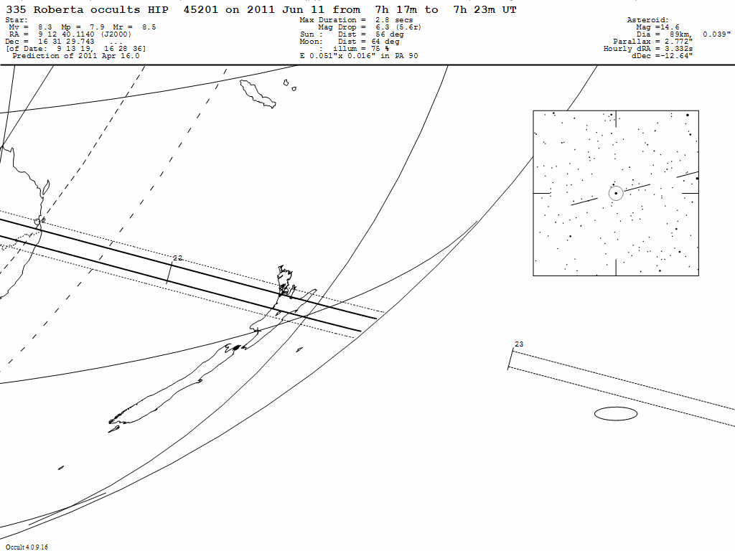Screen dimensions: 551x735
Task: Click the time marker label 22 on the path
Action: (178, 258)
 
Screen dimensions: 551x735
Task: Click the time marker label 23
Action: (519, 344)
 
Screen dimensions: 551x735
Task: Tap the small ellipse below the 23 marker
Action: (616, 413)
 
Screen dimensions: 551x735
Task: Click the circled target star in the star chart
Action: (616, 193)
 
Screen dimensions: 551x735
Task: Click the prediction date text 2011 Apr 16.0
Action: (102, 56)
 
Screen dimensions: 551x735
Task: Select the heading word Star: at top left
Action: (17, 20)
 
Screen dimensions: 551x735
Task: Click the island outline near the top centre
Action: (258, 94)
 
